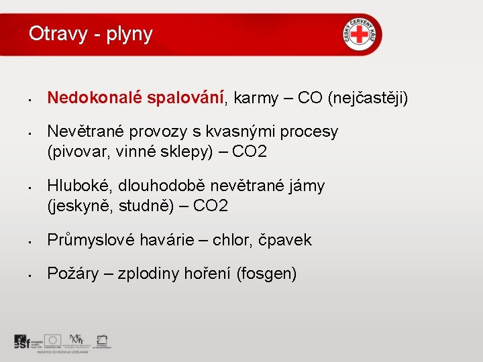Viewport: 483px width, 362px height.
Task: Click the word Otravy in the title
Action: point(58,34)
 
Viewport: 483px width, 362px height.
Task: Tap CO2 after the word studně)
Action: point(210,206)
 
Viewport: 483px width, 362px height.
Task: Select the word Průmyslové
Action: point(89,240)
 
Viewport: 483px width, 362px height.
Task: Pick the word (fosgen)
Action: point(266,274)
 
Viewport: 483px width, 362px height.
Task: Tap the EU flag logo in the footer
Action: point(52,340)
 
